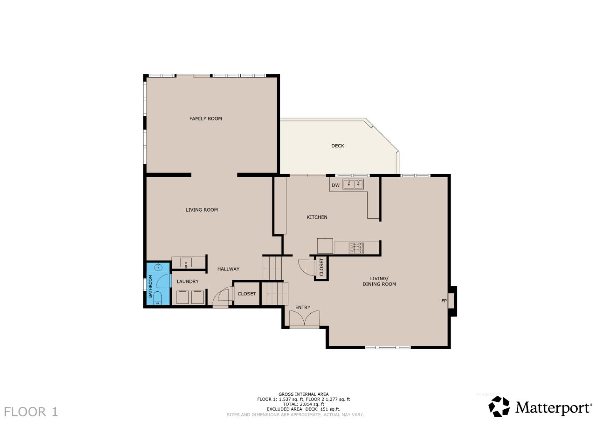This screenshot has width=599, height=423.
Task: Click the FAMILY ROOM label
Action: (205, 118)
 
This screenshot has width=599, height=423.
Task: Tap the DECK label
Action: (337, 146)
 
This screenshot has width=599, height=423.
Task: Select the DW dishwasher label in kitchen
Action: (335, 185)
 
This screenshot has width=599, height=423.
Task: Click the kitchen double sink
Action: (353, 184)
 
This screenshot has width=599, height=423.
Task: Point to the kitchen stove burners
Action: (356, 248)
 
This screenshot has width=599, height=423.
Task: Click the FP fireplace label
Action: (444, 301)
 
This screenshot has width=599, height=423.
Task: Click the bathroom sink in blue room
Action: (158, 267)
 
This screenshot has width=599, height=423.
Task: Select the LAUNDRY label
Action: (188, 281)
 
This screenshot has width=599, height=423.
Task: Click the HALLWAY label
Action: (228, 269)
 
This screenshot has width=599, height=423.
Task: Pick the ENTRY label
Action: (302, 307)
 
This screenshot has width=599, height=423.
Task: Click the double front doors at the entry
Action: (304, 319)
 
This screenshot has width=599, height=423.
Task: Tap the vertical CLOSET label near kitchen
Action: (322, 267)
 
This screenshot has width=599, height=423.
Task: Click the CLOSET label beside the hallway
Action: (247, 294)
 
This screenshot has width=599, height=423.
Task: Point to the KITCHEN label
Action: (317, 217)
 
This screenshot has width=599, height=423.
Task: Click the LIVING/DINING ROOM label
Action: (379, 281)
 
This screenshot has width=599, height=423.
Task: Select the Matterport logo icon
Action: (499, 406)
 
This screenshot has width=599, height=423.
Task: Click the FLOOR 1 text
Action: (31, 412)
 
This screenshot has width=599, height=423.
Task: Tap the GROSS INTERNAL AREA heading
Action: (303, 394)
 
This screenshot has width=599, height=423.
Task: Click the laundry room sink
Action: (186, 263)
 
